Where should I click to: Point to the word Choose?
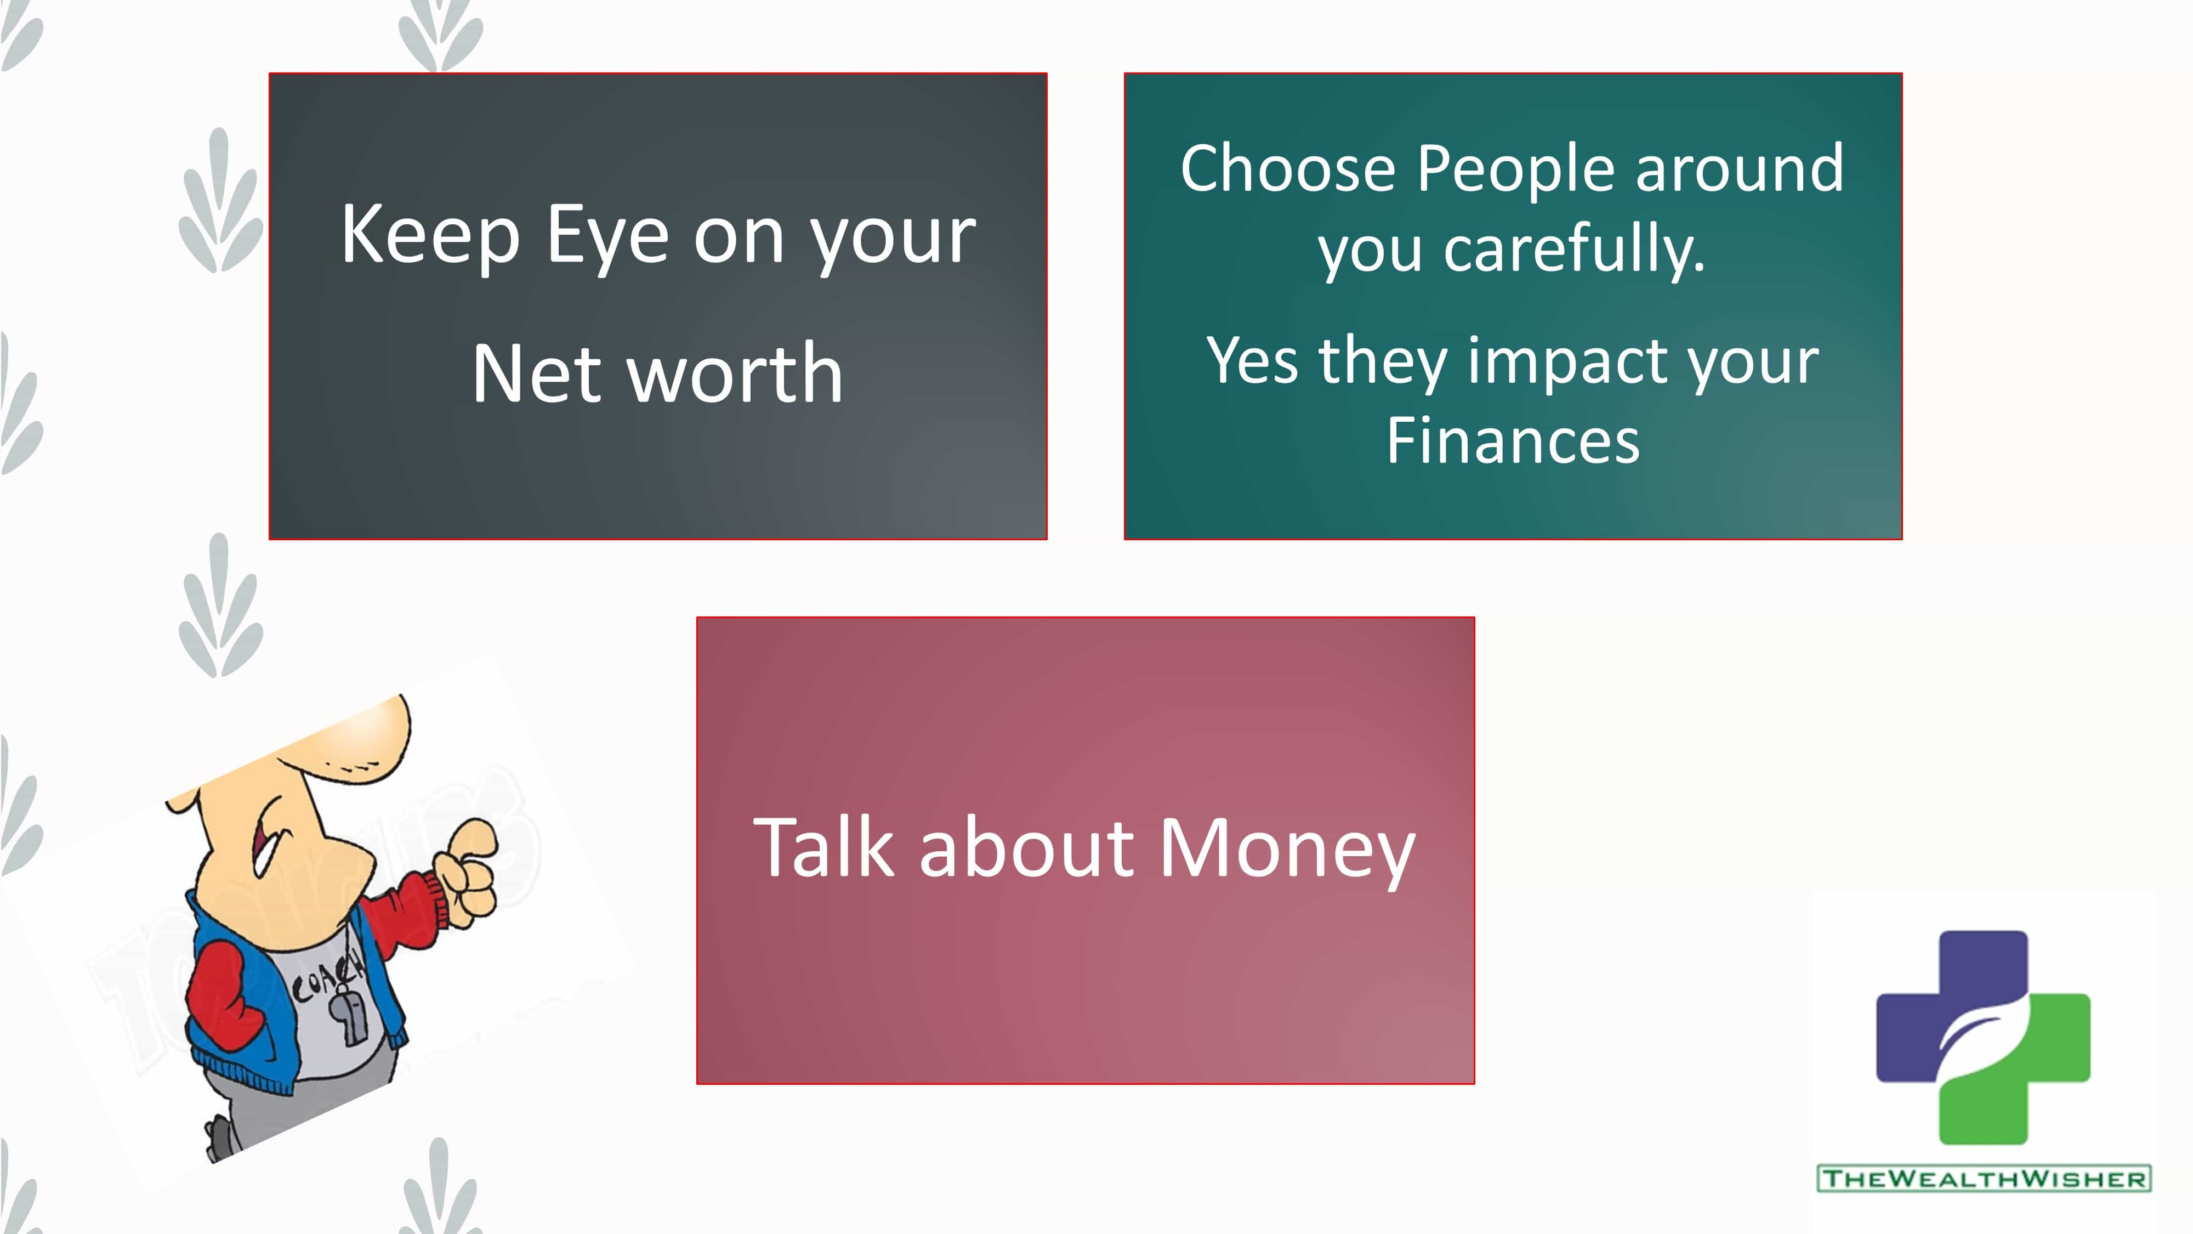1287,168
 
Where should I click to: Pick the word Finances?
1513,440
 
